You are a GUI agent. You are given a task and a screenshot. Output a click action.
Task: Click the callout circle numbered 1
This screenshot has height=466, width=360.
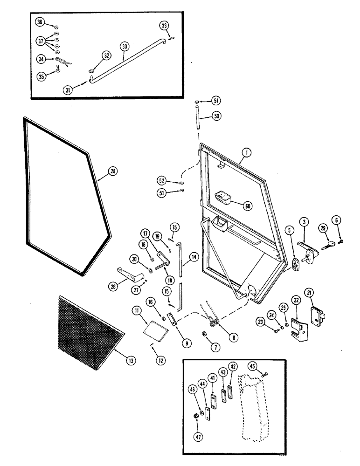(x=246, y=151)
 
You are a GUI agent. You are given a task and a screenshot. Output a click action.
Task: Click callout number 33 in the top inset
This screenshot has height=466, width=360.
(x=164, y=25)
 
